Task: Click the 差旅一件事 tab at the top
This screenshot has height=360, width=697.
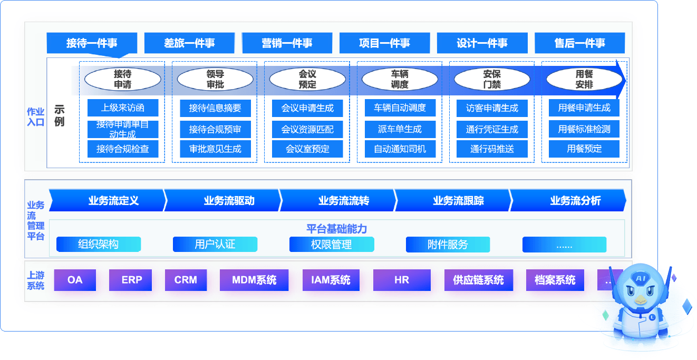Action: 189,43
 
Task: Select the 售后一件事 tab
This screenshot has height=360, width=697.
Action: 579,43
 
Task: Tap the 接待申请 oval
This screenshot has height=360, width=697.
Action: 122,79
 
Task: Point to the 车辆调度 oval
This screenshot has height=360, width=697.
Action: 400,79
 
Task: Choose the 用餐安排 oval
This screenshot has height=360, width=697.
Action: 584,79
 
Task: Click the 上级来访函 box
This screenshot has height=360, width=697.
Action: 123,108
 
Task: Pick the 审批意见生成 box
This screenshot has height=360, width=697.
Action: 215,149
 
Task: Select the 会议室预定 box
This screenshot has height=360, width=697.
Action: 307,149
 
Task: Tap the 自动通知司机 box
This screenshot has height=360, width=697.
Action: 400,149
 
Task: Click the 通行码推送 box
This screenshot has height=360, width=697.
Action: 492,149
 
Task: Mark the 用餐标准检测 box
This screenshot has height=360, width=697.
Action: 584,129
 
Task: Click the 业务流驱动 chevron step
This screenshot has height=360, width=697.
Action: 229,201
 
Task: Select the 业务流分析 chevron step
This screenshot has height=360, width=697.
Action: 575,201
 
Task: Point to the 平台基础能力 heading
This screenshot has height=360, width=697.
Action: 336,229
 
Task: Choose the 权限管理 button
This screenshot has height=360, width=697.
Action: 332,245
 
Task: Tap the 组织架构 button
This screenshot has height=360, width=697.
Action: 99,245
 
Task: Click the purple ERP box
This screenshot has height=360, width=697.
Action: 131,280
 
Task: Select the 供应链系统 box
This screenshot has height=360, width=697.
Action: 478,280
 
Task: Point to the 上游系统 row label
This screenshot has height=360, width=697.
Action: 36,280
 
